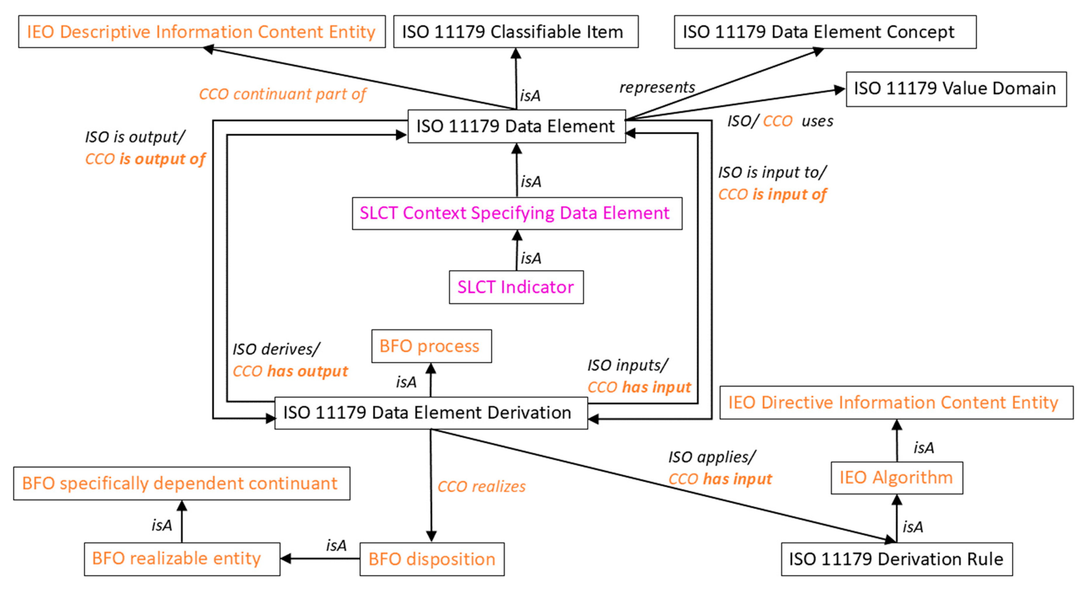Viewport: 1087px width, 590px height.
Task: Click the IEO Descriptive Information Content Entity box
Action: click(x=202, y=32)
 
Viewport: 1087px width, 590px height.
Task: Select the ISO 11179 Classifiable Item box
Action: click(x=516, y=32)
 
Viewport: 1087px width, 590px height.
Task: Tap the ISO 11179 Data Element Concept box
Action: click(x=825, y=32)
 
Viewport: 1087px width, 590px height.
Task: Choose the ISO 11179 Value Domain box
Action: click(x=956, y=89)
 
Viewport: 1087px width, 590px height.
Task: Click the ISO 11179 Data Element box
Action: click(x=516, y=126)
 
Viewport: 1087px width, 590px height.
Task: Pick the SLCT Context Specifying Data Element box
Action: click(x=517, y=213)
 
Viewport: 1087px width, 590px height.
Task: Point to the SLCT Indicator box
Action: click(x=516, y=287)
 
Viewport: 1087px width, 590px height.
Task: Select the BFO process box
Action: click(x=431, y=346)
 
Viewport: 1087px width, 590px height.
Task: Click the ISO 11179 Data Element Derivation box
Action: click(x=431, y=413)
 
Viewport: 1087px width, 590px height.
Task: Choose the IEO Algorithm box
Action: click(x=897, y=478)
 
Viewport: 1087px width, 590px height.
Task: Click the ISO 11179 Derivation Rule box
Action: click(x=897, y=559)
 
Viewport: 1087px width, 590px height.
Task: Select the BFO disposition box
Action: click(x=432, y=559)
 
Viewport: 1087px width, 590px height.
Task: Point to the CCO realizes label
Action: click(x=481, y=487)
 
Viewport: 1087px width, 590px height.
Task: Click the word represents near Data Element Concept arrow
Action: click(x=657, y=87)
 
